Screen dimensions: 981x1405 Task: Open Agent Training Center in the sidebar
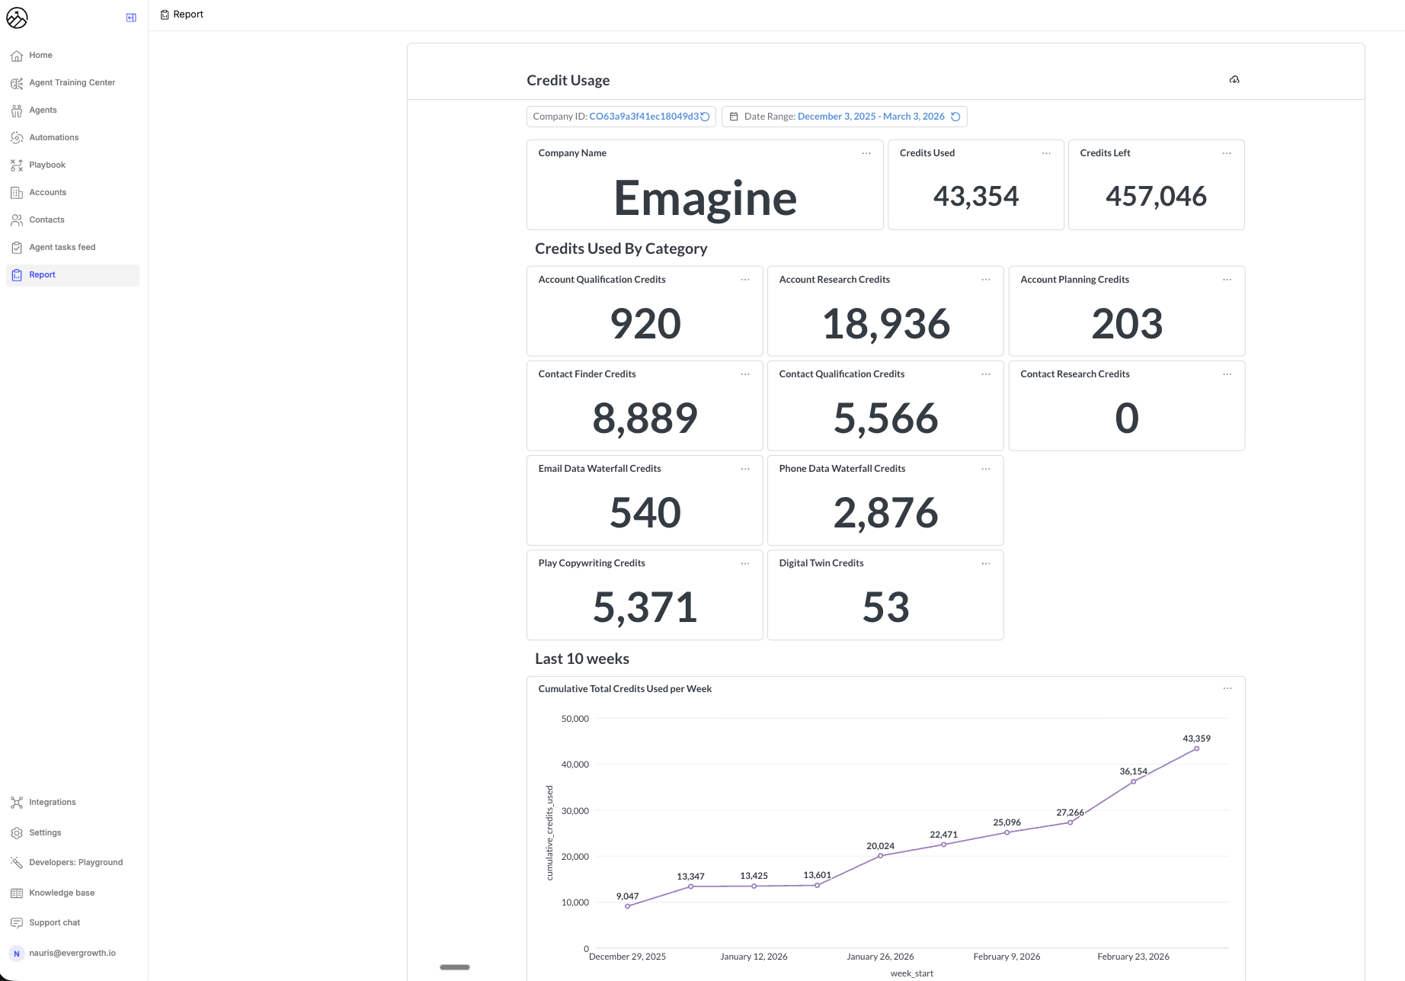click(72, 82)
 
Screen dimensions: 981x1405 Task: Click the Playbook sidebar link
click(47, 165)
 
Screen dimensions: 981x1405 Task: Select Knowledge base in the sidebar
click(62, 893)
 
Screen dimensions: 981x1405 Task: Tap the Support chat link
click(54, 922)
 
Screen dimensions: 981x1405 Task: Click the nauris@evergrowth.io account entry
click(72, 953)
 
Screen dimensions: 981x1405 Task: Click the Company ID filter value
click(643, 117)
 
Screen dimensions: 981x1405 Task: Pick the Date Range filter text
click(870, 117)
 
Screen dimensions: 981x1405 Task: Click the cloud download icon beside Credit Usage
click(1234, 80)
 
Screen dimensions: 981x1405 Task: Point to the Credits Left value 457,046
click(1156, 197)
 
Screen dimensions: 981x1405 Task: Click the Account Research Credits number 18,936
click(885, 324)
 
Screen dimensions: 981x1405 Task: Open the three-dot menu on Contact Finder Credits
click(745, 374)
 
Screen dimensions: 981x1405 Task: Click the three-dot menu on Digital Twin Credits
click(986, 563)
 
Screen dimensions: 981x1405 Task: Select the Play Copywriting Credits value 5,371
click(645, 608)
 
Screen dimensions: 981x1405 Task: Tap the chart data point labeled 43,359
click(1196, 749)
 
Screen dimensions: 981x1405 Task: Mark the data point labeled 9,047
click(627, 906)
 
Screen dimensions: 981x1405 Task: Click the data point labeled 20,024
click(880, 856)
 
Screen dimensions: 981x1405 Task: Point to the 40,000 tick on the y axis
click(574, 765)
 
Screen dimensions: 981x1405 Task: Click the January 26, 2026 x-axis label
click(880, 957)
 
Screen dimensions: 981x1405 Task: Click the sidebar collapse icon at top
click(131, 18)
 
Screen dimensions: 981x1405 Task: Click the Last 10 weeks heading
click(582, 659)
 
